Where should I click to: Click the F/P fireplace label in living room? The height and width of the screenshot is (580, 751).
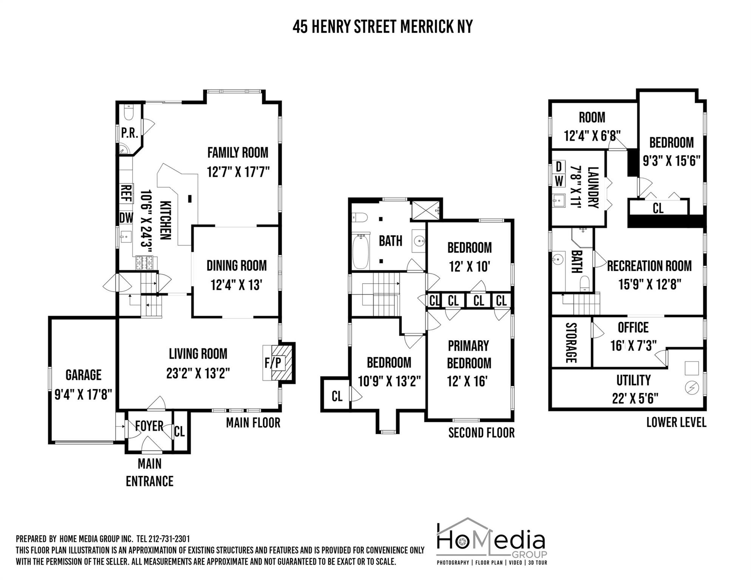273,363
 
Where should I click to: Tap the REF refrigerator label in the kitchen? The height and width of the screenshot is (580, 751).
126,193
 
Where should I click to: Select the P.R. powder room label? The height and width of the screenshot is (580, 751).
129,133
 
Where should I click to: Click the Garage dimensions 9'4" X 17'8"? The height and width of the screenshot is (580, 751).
83,395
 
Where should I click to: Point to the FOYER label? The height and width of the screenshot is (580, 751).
149,426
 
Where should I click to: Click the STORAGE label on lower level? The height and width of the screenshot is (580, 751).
570,343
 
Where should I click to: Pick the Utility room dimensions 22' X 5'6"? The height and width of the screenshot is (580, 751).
635,398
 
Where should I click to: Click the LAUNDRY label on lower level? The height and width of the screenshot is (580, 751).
593,188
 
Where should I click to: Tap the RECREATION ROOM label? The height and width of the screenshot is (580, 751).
649,266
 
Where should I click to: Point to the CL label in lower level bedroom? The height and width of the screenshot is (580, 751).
658,208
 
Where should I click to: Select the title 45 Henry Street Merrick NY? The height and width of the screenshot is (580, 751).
382,27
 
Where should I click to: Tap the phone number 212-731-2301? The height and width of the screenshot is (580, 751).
169,538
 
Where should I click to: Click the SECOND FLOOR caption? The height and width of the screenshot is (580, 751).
481,433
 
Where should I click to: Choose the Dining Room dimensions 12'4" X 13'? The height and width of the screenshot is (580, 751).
236,285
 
